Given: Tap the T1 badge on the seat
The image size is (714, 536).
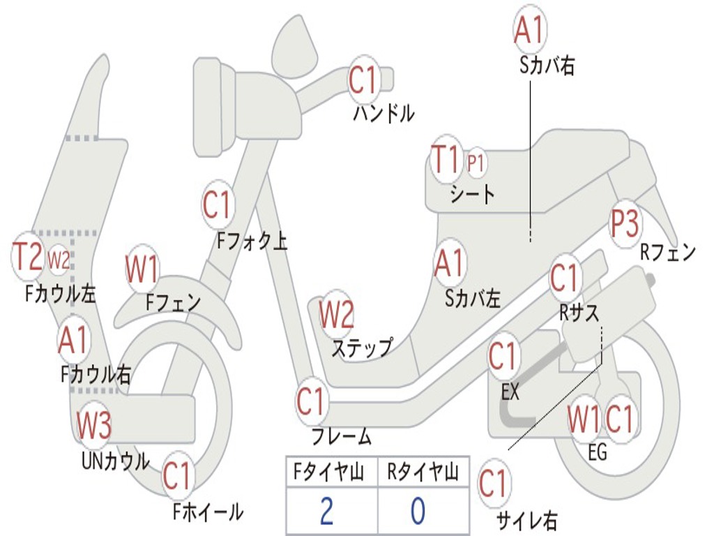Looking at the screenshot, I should coord(446,160).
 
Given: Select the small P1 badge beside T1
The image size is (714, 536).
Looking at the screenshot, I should coord(476,163).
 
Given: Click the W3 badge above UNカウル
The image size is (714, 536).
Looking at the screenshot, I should coord(94,425).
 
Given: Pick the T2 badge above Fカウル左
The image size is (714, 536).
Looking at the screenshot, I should coord(29,257).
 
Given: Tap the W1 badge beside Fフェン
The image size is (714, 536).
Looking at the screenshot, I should coord(142,269).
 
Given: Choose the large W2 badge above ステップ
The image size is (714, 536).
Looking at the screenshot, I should coord(336,315).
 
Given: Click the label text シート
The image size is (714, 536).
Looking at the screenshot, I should coord(473,193).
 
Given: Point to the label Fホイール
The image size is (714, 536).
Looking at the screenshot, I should coord(208,512).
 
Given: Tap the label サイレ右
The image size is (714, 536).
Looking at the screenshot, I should coord(527,519).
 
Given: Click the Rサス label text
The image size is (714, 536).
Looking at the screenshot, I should coord(579,313).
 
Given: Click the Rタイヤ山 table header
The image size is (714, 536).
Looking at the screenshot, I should coord(423,473).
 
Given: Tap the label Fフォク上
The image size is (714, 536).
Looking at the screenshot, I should coord(252,241).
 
